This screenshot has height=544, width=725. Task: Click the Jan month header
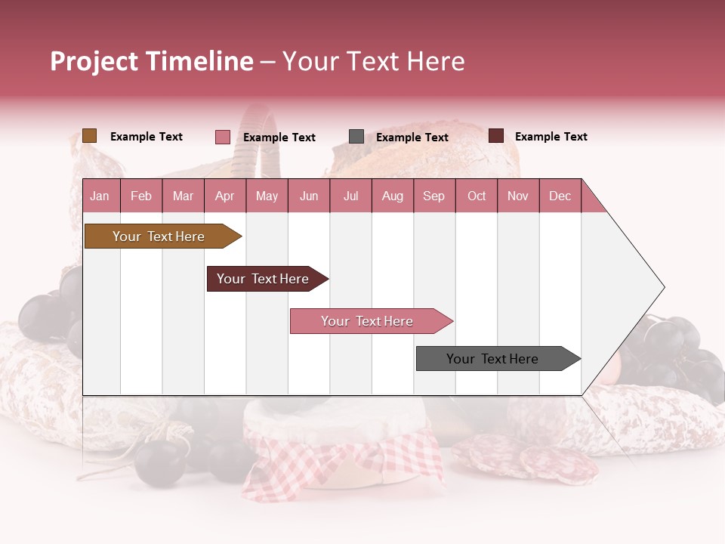100,196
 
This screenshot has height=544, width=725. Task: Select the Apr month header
225,196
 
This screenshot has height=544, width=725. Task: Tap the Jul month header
351,196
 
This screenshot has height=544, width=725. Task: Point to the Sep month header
433,196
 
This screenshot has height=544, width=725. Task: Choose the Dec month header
560,196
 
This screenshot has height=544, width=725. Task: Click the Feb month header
141,196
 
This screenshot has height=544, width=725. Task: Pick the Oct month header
477,196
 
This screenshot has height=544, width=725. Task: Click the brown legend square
90,136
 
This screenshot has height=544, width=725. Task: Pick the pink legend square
223,137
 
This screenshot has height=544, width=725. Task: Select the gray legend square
356,137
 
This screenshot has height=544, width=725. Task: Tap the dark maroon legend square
496,136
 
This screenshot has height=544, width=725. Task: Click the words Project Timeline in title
152,62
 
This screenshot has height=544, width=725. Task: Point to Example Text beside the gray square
412,138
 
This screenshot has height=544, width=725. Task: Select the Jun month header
309,196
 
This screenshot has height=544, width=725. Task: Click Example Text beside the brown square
147,137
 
